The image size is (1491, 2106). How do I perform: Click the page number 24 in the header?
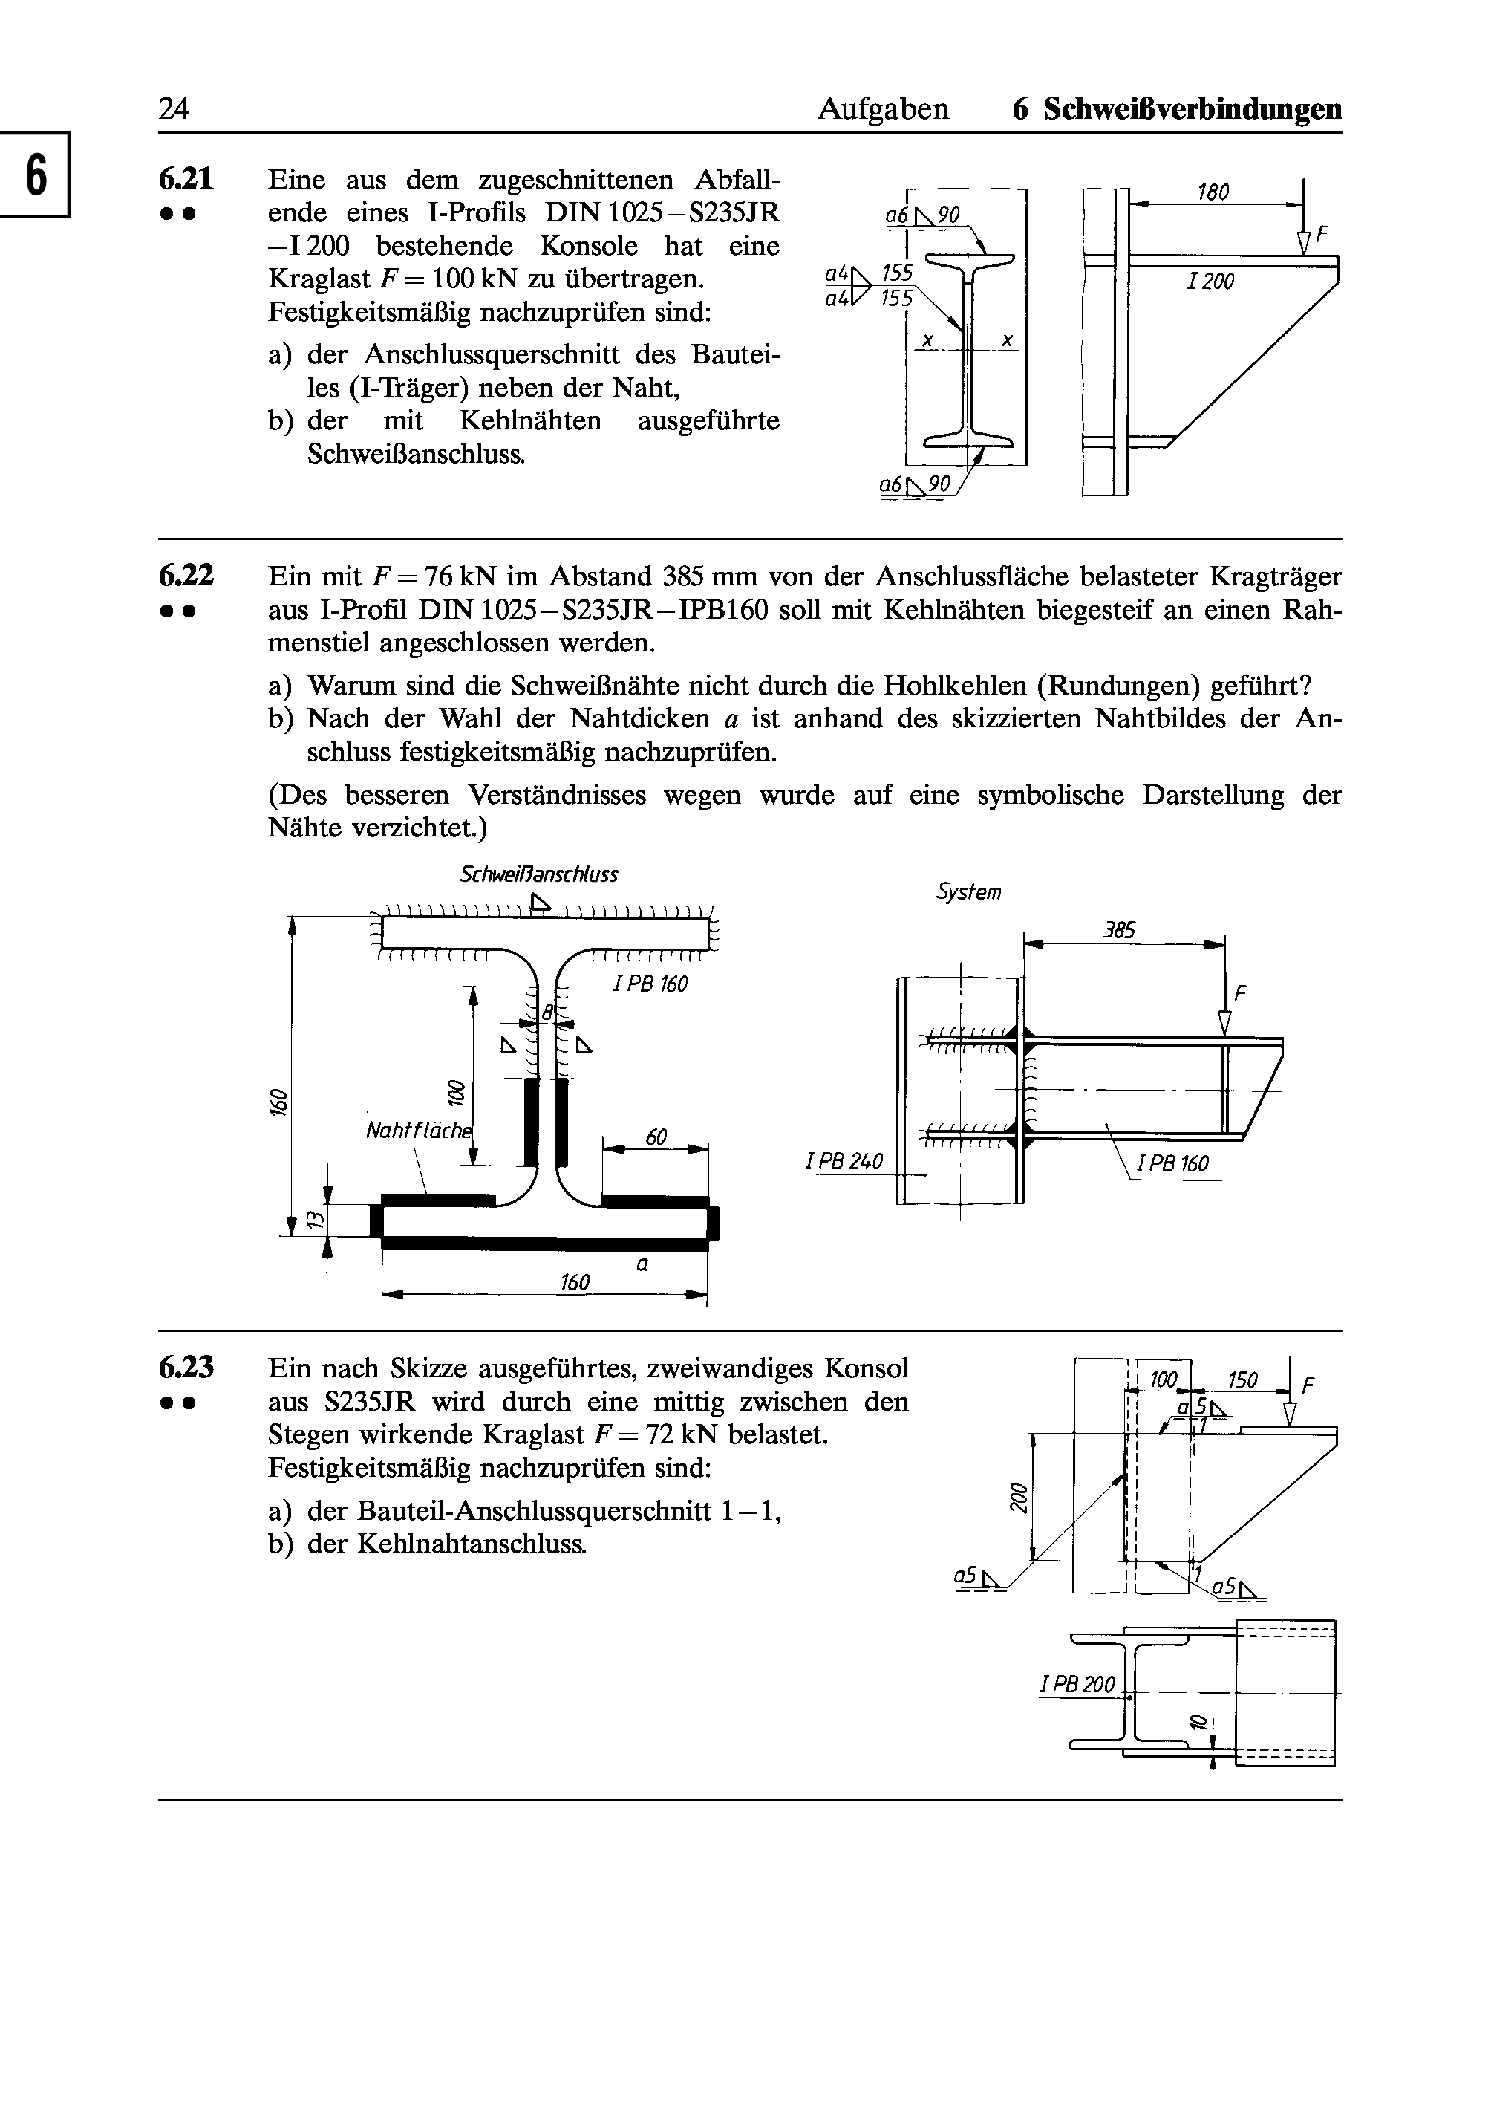tap(174, 109)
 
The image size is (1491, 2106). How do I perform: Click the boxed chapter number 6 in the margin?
tap(35, 175)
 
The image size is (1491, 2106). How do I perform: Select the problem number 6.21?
tap(186, 178)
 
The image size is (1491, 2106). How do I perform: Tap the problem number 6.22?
tap(186, 576)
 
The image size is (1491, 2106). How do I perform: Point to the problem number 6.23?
tap(186, 1368)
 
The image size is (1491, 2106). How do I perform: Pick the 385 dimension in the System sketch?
tap(1119, 930)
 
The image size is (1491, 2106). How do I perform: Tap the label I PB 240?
tap(844, 1162)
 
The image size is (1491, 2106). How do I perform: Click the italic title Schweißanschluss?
tap(539, 874)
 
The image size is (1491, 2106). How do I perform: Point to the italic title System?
tap(968, 892)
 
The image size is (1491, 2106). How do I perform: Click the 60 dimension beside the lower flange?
tap(656, 1137)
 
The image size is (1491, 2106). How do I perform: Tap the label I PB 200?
tap(1077, 1685)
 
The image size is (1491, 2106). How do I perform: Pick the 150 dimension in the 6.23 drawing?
tap(1242, 1380)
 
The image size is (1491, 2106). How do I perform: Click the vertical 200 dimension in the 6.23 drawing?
tap(1017, 1496)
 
